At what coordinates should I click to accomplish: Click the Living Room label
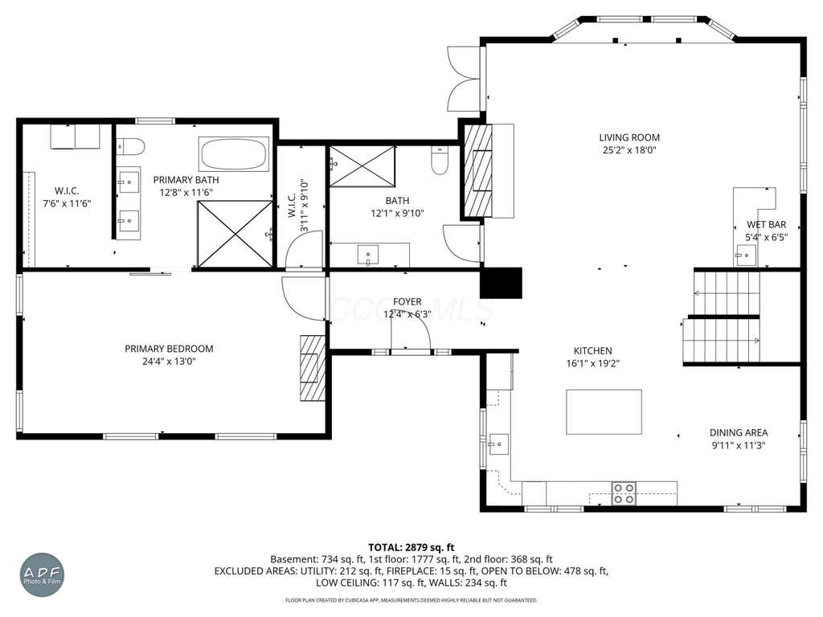pyautogui.click(x=629, y=137)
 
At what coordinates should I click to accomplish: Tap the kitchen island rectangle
pyautogui.click(x=604, y=412)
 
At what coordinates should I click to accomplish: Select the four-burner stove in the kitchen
pyautogui.click(x=624, y=493)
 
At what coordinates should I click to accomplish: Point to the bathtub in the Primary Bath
pyautogui.click(x=234, y=153)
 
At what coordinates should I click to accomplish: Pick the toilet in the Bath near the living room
pyautogui.click(x=440, y=160)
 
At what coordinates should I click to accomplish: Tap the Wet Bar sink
pyautogui.click(x=745, y=255)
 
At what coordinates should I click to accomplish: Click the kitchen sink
pyautogui.click(x=498, y=444)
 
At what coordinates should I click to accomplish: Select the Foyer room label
pyautogui.click(x=407, y=302)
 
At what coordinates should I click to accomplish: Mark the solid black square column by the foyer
pyautogui.click(x=502, y=283)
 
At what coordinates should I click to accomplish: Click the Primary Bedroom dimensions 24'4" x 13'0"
pyautogui.click(x=169, y=361)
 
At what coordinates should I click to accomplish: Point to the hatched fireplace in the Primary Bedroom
pyautogui.click(x=313, y=368)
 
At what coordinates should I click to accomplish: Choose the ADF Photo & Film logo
pyautogui.click(x=42, y=575)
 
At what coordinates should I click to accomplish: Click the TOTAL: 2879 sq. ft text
pyautogui.click(x=411, y=548)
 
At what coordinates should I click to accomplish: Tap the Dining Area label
pyautogui.click(x=739, y=433)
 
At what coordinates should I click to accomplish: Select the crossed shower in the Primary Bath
pyautogui.click(x=235, y=234)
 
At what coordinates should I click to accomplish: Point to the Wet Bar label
pyautogui.click(x=766, y=225)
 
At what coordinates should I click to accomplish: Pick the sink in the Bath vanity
pyautogui.click(x=368, y=255)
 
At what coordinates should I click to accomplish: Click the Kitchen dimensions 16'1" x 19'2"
pyautogui.click(x=592, y=363)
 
